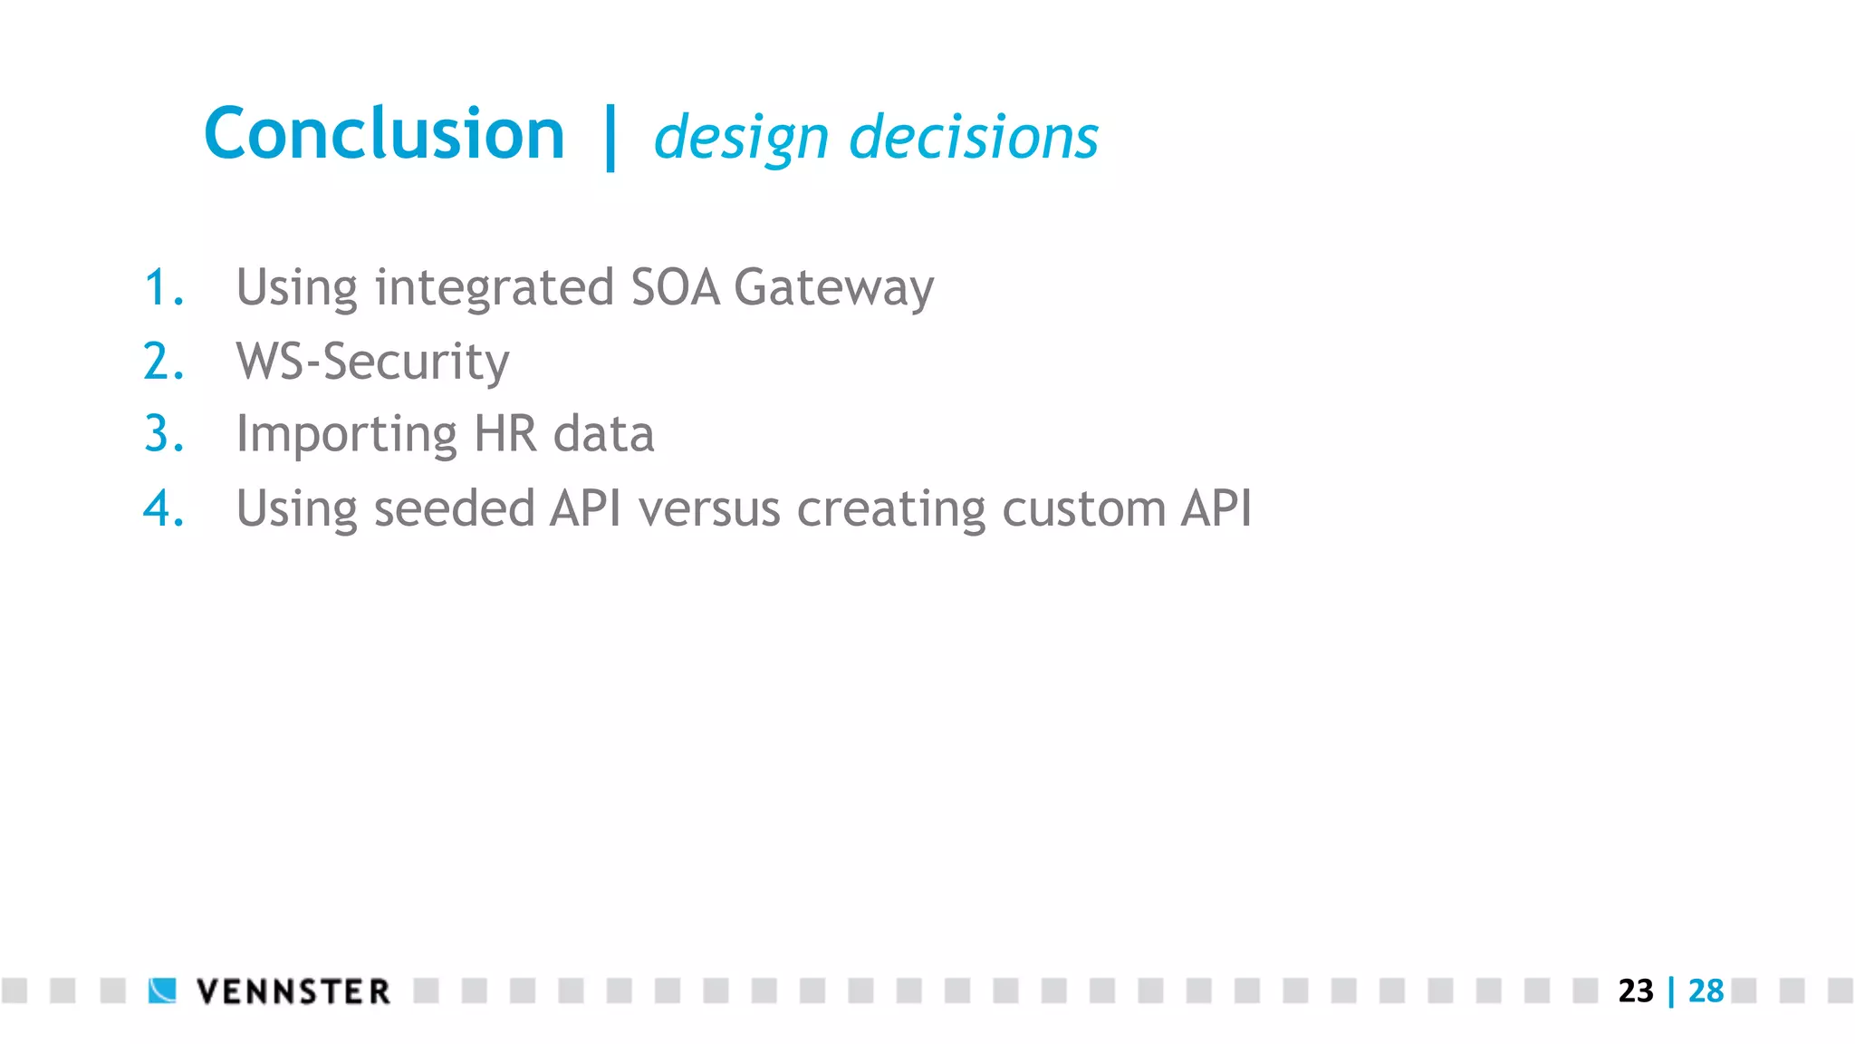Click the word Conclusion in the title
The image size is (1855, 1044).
pyautogui.click(x=384, y=134)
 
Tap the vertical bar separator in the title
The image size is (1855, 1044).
pyautogui.click(x=610, y=137)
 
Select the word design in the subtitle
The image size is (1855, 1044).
pyautogui.click(x=741, y=139)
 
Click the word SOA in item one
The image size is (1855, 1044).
pyautogui.click(x=675, y=287)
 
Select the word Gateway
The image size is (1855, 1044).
pyautogui.click(x=833, y=288)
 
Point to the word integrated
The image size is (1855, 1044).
pyautogui.click(x=495, y=288)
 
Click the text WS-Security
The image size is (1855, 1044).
pyautogui.click(x=372, y=362)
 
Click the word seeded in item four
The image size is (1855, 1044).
pyautogui.click(x=454, y=508)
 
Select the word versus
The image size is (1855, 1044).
pyautogui.click(x=709, y=509)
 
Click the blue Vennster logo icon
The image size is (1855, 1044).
pyautogui.click(x=163, y=991)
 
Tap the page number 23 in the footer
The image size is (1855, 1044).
pyautogui.click(x=1636, y=991)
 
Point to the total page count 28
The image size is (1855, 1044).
pyautogui.click(x=1706, y=991)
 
